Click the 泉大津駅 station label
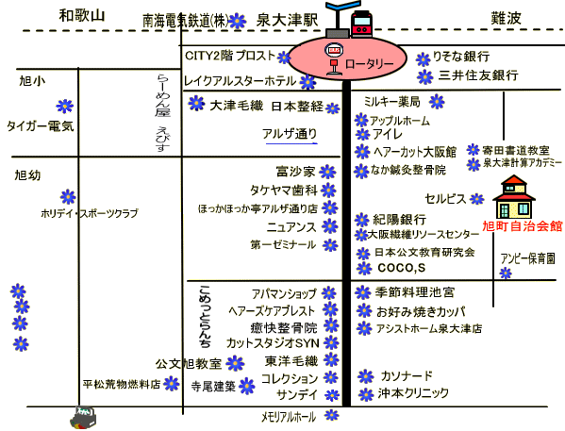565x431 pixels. click(287, 20)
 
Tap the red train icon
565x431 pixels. click(362, 23)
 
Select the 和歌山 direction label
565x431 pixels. click(82, 15)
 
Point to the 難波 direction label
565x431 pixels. click(506, 18)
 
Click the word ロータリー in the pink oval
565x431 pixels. click(370, 64)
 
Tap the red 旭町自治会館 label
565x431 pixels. click(523, 226)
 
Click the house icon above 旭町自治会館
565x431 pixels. click(514, 196)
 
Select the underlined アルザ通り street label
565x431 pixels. click(290, 134)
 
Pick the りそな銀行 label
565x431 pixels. click(461, 57)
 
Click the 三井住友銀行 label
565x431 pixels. click(478, 75)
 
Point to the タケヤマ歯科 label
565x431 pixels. click(284, 190)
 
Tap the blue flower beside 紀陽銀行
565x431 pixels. click(361, 220)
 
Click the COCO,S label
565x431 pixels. click(402, 268)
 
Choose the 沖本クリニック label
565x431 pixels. click(413, 392)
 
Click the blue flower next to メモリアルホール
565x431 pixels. click(331, 415)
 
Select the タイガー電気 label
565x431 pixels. click(41, 126)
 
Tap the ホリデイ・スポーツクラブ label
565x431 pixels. click(90, 213)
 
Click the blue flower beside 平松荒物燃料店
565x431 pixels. click(171, 384)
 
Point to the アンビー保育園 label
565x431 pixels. click(527, 258)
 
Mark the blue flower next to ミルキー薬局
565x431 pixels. click(437, 102)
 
